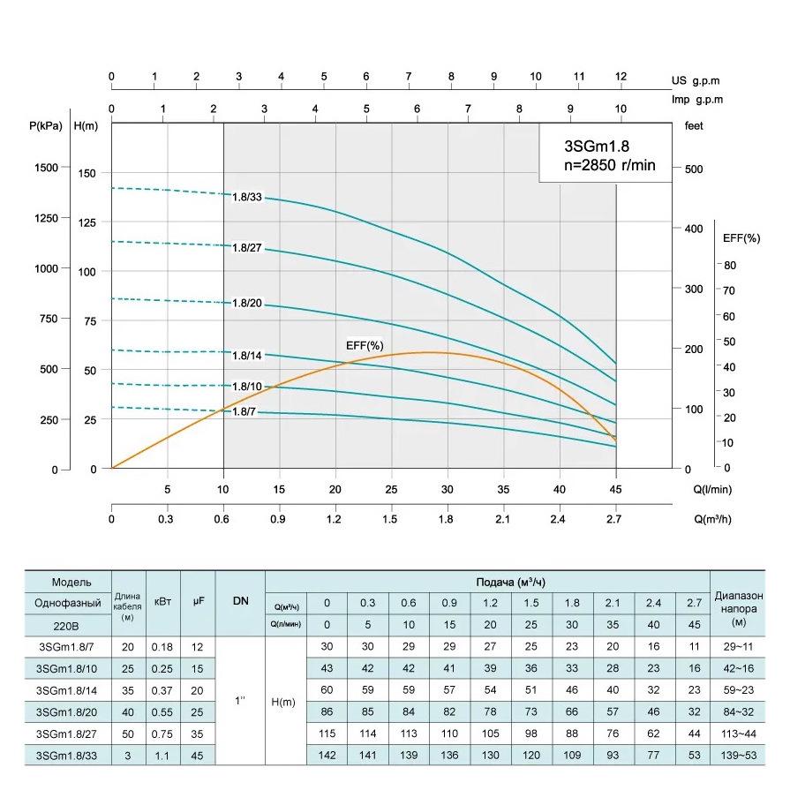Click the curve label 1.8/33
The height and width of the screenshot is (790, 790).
[247, 197]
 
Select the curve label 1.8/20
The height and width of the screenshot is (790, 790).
[247, 303]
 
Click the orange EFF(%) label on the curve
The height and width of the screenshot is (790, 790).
[364, 344]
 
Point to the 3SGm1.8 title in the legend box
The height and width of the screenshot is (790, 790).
[595, 146]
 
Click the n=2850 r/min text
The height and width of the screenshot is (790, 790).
[609, 166]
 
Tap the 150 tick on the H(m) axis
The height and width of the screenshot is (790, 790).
[85, 173]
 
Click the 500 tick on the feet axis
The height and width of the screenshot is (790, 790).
[693, 169]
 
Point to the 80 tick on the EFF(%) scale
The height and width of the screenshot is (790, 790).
[729, 265]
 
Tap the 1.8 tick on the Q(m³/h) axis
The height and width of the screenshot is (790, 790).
[448, 519]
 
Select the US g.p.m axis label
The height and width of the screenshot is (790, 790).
[696, 80]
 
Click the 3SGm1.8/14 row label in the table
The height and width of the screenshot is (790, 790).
[67, 689]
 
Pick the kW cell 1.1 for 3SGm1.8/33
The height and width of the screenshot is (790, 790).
[162, 756]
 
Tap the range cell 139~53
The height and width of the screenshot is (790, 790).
[738, 756]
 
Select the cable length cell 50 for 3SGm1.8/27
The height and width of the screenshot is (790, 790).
[128, 734]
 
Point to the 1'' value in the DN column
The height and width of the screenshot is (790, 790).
[241, 701]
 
